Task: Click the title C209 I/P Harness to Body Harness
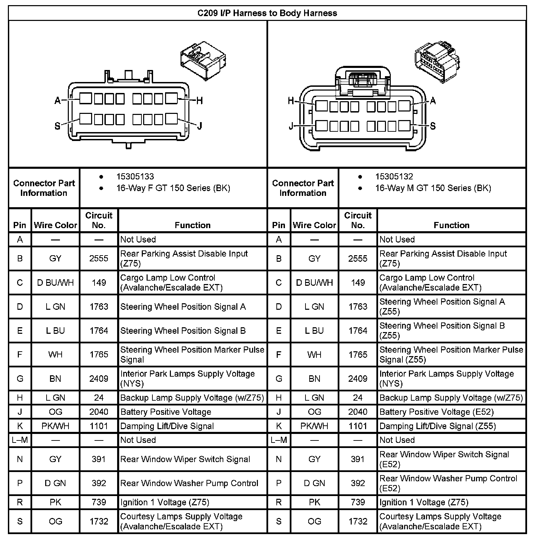coord(267,13)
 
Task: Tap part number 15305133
coord(135,177)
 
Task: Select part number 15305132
coord(394,177)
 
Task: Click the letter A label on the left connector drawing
coord(58,101)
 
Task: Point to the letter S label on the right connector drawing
coord(433,126)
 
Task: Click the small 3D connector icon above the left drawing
coord(203,61)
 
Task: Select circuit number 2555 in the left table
coord(99,259)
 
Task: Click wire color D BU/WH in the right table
coord(314,283)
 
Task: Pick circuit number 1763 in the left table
coord(99,307)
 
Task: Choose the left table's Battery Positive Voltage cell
coord(166,412)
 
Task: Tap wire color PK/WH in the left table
coord(55,426)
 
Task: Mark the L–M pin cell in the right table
coord(279,440)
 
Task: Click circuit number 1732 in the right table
coord(358,521)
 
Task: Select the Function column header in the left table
coord(192,225)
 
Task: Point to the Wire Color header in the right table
coord(314,225)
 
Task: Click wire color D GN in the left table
coord(55,483)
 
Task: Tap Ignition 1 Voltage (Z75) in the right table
coord(424,503)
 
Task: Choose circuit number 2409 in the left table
coord(99,379)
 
